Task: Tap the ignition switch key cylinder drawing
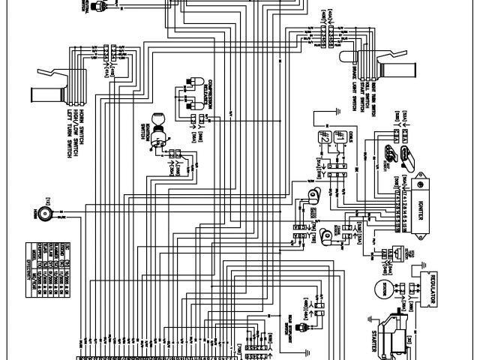coord(157,122)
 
